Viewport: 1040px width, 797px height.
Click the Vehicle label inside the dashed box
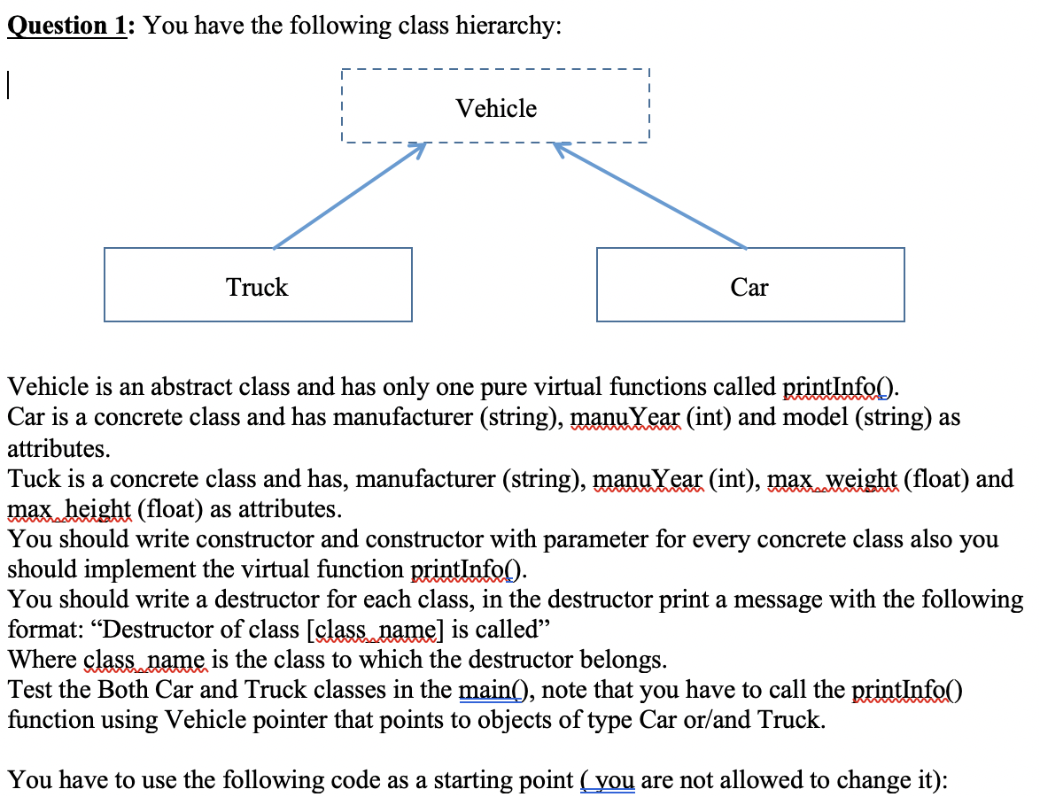pos(496,109)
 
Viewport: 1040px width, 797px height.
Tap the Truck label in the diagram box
pos(257,287)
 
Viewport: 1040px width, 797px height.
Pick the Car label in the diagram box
pos(749,287)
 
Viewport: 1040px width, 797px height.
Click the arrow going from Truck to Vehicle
pos(348,197)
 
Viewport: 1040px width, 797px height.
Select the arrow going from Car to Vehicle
pos(651,196)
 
